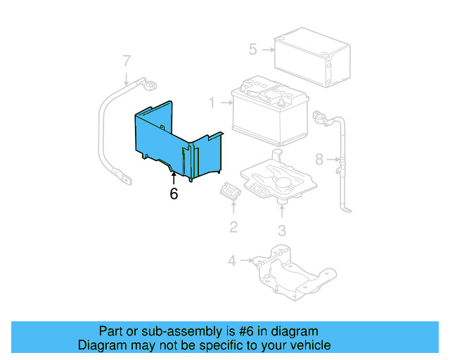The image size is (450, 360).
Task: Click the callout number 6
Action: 174,194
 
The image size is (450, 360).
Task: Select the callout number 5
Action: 252,49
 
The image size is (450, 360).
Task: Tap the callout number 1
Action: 211,103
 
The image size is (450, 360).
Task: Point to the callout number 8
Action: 319,160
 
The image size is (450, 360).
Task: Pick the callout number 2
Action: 233,226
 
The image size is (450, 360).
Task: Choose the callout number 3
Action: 281,230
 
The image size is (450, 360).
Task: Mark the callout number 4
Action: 232,262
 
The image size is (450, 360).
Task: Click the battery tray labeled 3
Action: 278,179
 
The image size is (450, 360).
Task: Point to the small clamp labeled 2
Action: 230,191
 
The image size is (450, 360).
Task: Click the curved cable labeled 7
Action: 108,134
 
